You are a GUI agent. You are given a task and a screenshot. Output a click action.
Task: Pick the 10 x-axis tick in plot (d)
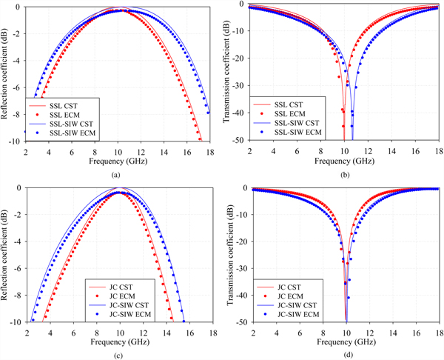[345, 330]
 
